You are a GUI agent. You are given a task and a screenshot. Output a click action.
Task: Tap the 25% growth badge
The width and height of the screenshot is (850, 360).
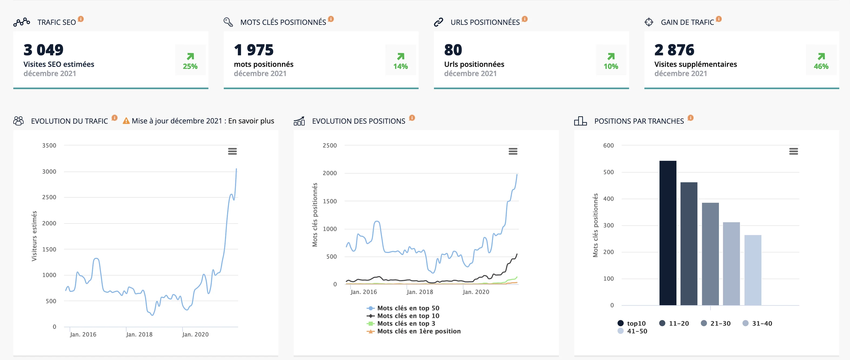click(x=190, y=60)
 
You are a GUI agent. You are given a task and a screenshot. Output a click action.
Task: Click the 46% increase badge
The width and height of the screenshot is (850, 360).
click(x=821, y=60)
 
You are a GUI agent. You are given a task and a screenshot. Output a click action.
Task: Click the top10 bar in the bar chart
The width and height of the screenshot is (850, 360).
click(x=668, y=233)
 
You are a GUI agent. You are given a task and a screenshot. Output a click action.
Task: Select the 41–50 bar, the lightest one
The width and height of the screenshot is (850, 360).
click(x=753, y=270)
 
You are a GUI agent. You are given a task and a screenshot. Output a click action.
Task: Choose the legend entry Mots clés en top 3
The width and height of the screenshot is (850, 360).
click(x=401, y=323)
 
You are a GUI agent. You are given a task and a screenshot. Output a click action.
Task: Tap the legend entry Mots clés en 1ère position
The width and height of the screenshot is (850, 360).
click(x=414, y=331)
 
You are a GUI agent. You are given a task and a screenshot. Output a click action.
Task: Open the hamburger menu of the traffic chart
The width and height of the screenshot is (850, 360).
click(x=232, y=151)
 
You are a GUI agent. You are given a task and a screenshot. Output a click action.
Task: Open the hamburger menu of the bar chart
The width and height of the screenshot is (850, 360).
click(x=794, y=151)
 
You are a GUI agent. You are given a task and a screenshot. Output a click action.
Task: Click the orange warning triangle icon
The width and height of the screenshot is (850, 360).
click(x=126, y=121)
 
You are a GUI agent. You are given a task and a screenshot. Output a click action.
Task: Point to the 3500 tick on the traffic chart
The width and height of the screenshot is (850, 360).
click(x=49, y=145)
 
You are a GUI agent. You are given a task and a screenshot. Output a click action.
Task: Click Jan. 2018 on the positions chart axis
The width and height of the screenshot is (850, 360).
click(x=420, y=292)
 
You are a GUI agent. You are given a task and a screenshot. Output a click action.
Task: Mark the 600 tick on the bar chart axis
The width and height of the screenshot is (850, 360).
click(x=608, y=145)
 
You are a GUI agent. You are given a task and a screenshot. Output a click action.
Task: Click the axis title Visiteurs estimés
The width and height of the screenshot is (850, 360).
click(x=34, y=236)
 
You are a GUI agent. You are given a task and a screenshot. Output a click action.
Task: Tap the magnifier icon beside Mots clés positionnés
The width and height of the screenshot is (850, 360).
click(x=228, y=22)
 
